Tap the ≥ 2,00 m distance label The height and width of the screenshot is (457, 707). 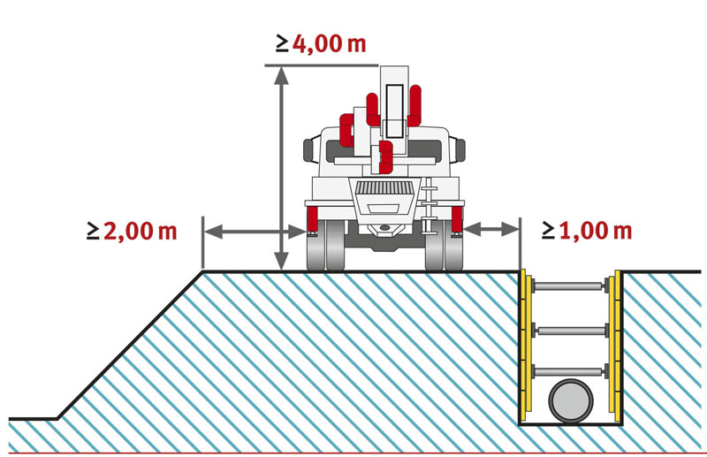coord(133,232)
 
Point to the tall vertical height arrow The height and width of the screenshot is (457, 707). coord(281,168)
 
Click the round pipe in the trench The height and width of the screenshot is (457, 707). coord(571,403)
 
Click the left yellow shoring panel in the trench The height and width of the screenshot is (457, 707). coord(528,345)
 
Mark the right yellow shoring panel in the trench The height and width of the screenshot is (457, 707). coord(612,345)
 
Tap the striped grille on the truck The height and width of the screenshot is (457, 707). coord(383,188)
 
